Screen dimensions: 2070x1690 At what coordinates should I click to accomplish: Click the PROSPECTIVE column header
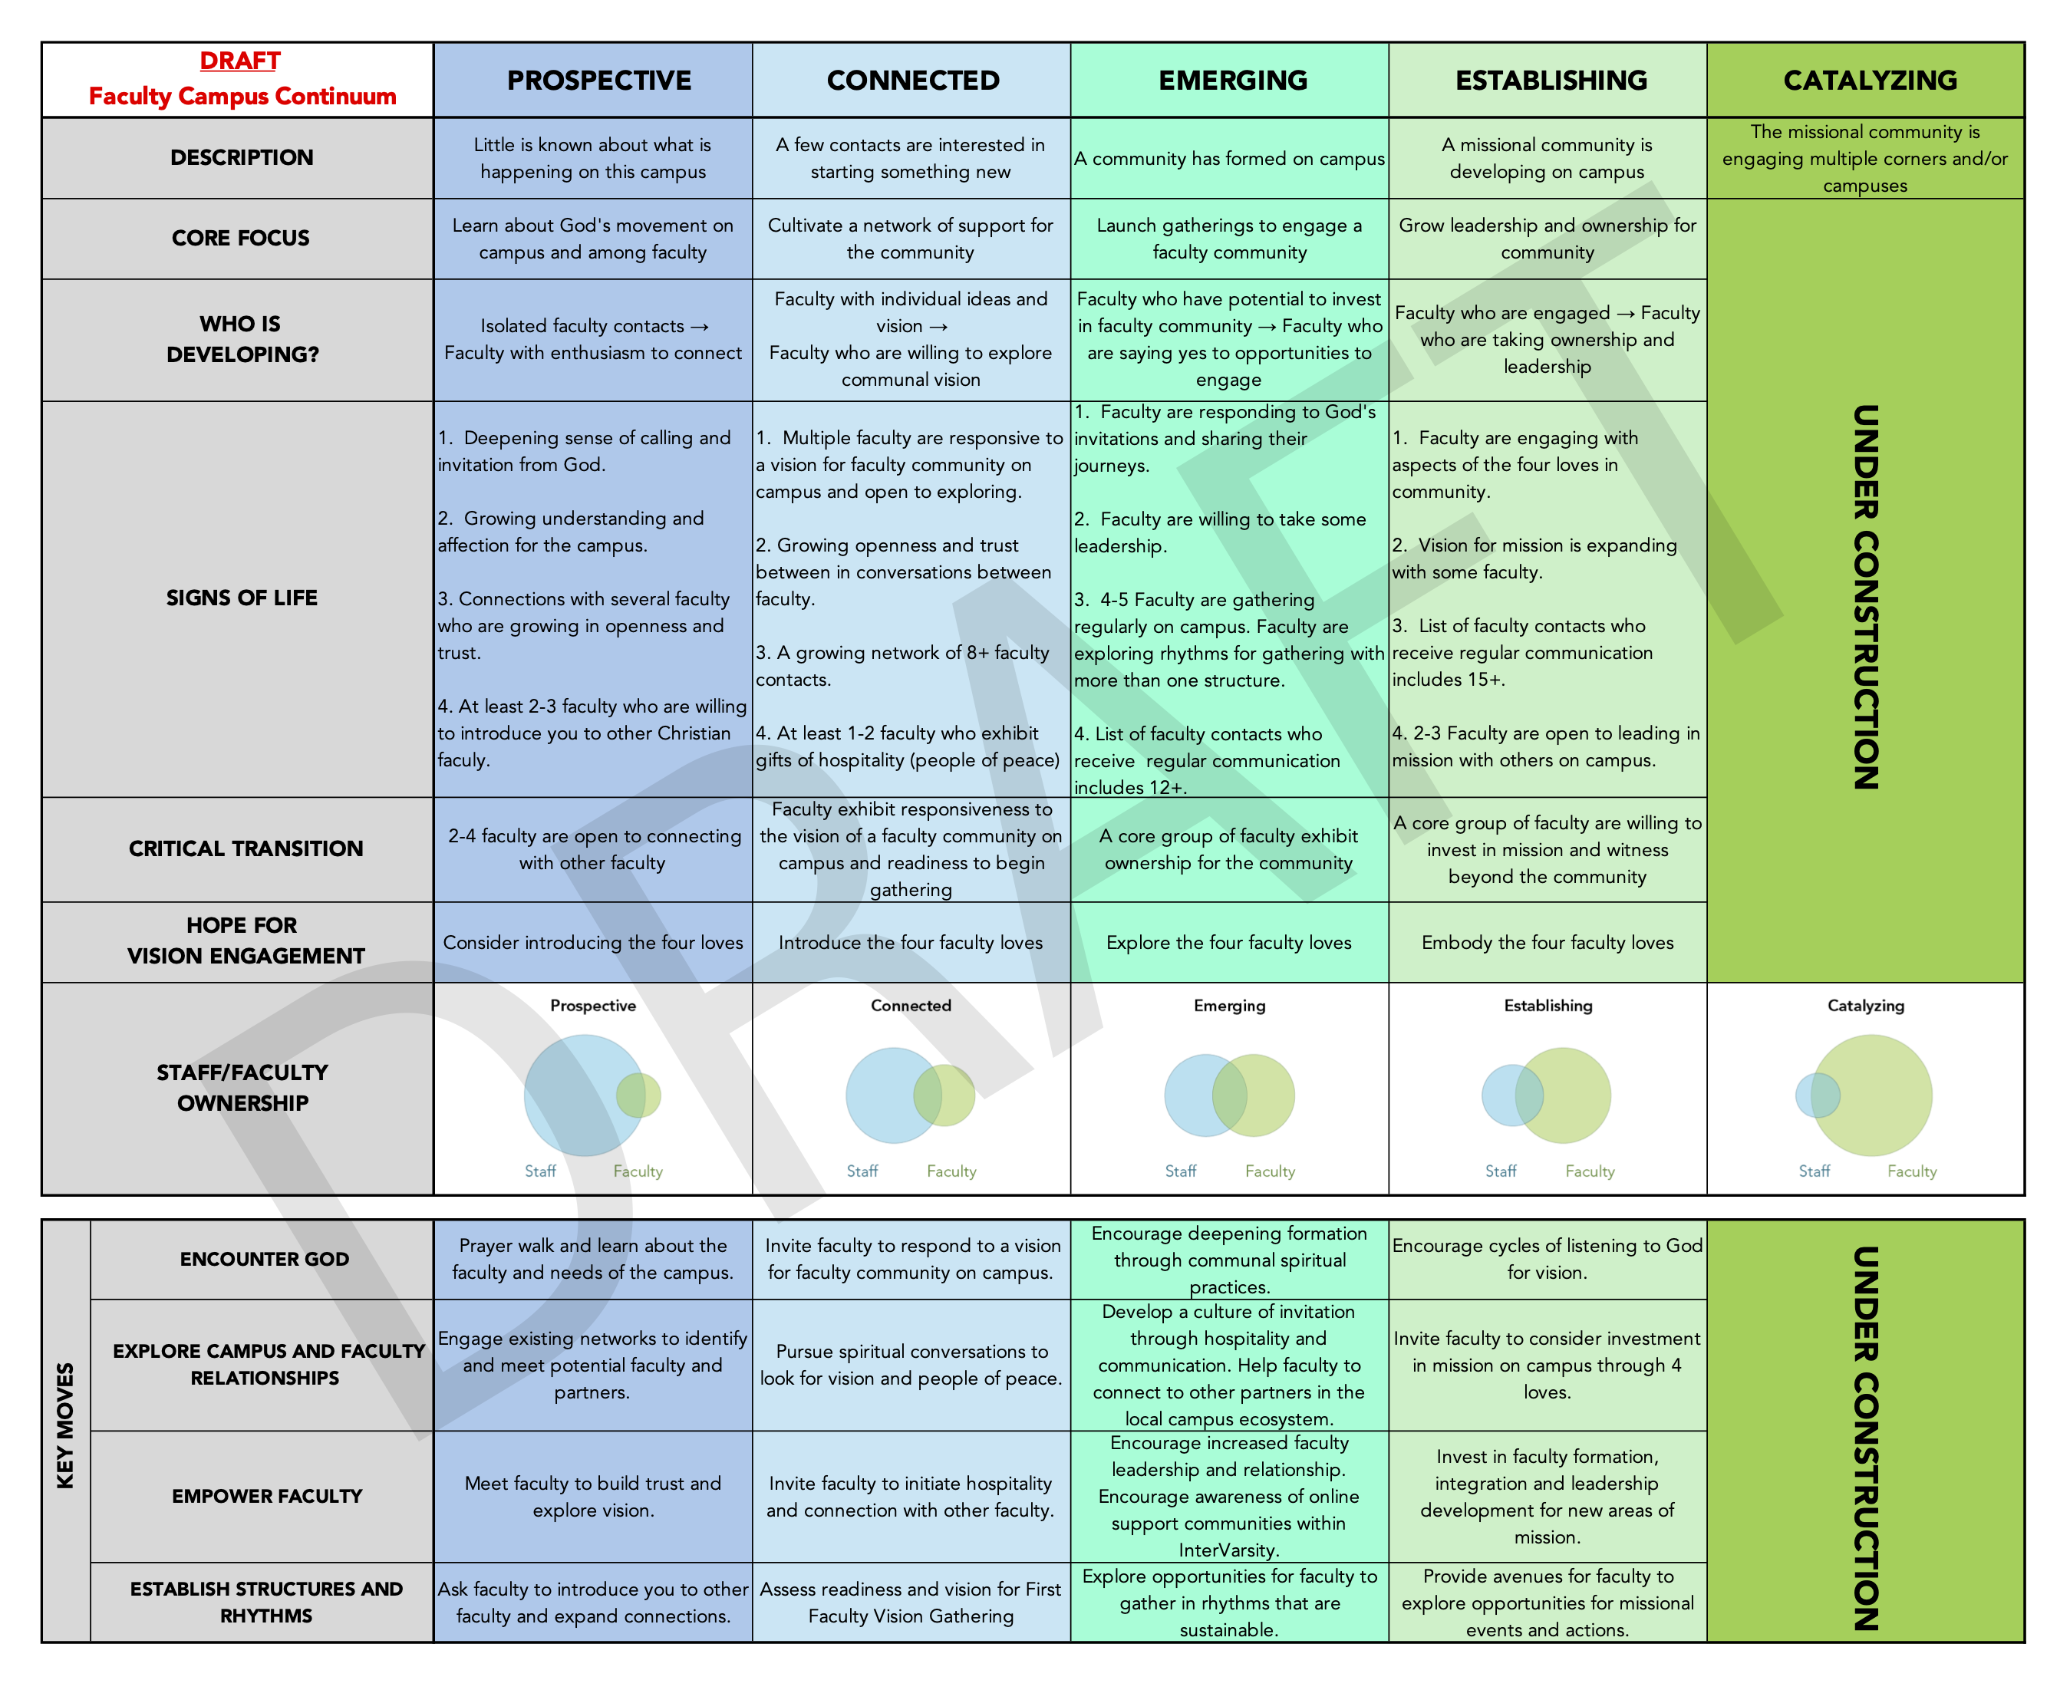click(x=598, y=80)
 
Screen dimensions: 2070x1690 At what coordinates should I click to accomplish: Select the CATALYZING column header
click(x=1870, y=80)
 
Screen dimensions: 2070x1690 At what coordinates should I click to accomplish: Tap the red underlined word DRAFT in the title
click(x=239, y=61)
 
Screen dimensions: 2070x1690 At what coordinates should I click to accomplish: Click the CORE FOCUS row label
click(x=240, y=238)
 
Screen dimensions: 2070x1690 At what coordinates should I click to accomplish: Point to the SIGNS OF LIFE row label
click(x=242, y=598)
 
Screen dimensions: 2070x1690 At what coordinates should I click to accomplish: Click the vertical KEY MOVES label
click(x=65, y=1425)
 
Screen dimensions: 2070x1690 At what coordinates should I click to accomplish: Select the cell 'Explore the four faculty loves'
click(x=1229, y=942)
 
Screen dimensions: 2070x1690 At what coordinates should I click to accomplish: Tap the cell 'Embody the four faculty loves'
click(x=1548, y=942)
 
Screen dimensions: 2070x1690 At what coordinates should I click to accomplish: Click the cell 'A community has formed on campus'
click(x=1229, y=159)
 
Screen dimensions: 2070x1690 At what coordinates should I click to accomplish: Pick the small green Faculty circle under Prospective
click(x=638, y=1095)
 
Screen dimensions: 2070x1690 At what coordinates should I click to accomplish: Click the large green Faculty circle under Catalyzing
click(x=1871, y=1095)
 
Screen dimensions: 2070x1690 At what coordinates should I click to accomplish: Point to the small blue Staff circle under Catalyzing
click(x=1818, y=1095)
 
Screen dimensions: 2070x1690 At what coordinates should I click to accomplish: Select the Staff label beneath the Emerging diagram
click(x=1180, y=1171)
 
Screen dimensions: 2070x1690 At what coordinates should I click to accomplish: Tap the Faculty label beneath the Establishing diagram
click(x=1590, y=1171)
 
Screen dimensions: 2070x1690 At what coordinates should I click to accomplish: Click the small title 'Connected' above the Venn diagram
click(x=911, y=1006)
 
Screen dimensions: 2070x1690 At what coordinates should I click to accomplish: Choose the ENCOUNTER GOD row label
click(x=264, y=1259)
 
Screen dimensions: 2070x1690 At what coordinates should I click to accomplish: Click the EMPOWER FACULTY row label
click(x=267, y=1495)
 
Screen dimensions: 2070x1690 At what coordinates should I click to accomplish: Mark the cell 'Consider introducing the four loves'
click(x=593, y=942)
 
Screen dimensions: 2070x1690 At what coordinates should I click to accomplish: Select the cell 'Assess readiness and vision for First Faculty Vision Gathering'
click(x=911, y=1603)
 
